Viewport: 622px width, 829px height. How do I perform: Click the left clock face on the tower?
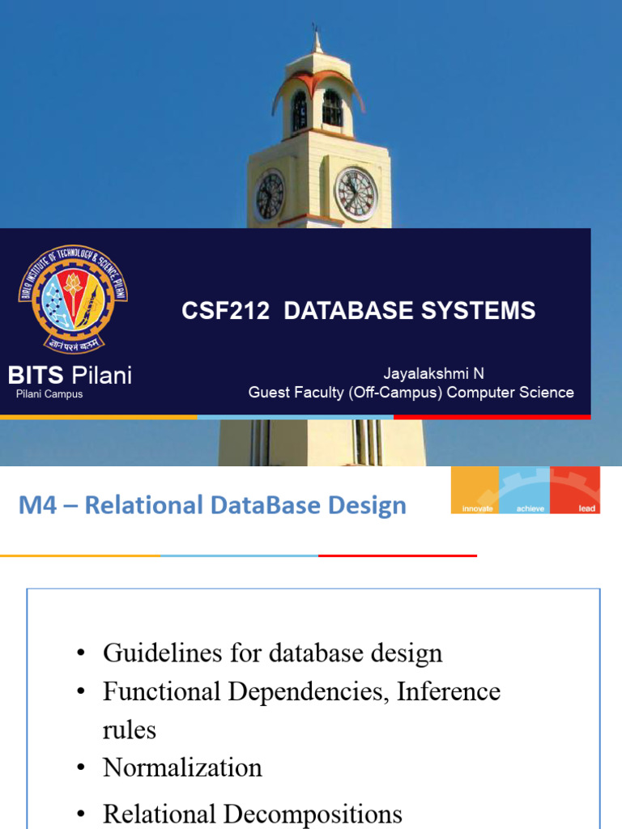click(x=270, y=196)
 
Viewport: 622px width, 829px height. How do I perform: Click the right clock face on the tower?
click(x=356, y=194)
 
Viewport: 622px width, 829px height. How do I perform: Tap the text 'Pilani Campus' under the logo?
click(x=49, y=394)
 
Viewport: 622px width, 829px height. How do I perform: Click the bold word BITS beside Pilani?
click(x=36, y=375)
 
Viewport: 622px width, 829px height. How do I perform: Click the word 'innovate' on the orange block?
click(x=476, y=508)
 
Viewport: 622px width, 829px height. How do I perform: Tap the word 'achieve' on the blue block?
click(x=526, y=508)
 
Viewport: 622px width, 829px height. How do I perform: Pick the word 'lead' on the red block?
click(x=587, y=508)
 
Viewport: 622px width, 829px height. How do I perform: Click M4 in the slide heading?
click(x=37, y=505)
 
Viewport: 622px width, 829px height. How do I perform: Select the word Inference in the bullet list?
click(x=449, y=691)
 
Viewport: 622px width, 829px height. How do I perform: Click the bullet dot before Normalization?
click(x=81, y=767)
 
